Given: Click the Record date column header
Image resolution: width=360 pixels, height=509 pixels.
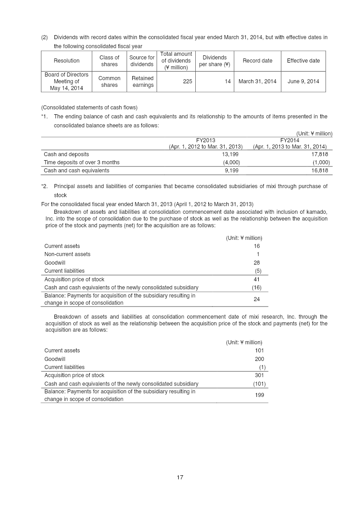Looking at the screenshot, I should point(257,61).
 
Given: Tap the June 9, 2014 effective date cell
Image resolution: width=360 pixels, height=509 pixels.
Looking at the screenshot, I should point(303,81).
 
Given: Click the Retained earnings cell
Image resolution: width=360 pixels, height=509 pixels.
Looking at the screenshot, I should point(143,81).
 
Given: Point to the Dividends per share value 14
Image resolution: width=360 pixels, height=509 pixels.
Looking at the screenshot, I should point(228,81).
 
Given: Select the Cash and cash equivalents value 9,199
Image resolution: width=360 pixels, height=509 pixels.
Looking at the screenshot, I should point(231,171).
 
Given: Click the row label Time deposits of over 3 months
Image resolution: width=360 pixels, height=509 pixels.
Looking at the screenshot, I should point(81,162).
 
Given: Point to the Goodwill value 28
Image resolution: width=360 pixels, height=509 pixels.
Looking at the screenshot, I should point(256,262).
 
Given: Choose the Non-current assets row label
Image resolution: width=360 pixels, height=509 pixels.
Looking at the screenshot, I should point(67,254).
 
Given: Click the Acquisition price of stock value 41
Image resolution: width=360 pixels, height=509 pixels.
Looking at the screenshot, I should point(256,279).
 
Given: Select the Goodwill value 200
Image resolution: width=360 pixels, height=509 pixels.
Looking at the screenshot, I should point(259,359).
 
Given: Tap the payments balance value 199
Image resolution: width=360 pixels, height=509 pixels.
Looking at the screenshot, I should point(259,395).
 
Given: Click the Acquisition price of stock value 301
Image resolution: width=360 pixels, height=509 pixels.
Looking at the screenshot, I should point(259,375).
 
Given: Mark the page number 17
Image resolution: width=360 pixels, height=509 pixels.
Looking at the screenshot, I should point(180,477).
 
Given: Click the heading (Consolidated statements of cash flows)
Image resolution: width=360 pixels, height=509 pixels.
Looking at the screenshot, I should point(89,107).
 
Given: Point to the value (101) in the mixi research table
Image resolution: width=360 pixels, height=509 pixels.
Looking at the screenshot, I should point(259,384).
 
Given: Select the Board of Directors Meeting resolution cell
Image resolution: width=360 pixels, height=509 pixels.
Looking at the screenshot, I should point(67,81).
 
